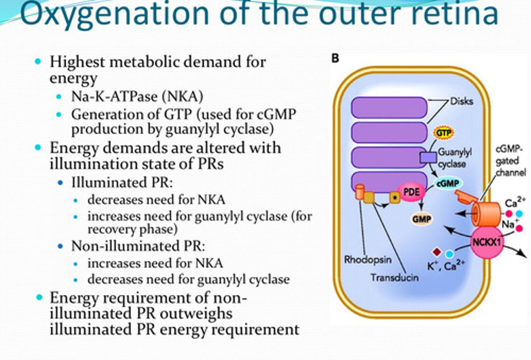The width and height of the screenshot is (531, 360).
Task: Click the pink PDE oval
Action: point(412,192)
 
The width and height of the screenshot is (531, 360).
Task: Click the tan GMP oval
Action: point(422,219)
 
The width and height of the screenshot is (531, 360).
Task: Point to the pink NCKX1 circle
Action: point(487,243)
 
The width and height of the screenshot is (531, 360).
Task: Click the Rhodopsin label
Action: point(368,259)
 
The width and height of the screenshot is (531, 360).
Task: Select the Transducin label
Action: point(394,277)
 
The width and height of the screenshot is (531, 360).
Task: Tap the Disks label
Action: point(461,101)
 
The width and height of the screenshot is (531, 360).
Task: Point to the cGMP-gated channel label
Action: point(510,161)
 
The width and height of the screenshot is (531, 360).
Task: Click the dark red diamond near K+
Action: point(437,252)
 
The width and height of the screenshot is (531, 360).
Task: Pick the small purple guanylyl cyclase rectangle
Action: point(428,157)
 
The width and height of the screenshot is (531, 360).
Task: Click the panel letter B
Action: point(335,58)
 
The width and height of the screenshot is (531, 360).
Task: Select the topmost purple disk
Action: point(389,107)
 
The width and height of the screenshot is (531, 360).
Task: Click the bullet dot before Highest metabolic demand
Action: point(38,61)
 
